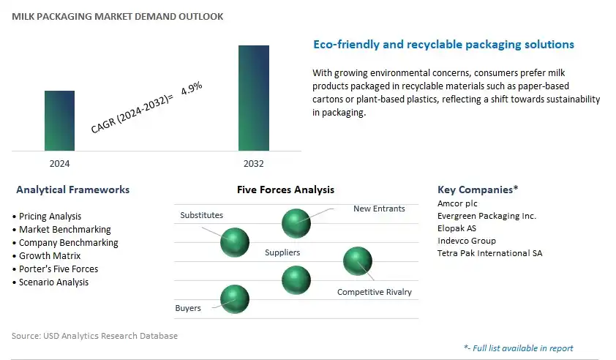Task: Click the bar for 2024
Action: click(59, 121)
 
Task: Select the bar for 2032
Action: click(254, 98)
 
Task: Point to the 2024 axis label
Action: click(59, 163)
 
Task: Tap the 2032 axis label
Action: click(254, 163)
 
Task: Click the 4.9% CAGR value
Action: click(192, 88)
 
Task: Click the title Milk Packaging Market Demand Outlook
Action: click(118, 17)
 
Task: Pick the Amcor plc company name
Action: click(457, 203)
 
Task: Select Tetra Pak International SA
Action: click(490, 253)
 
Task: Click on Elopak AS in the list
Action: click(457, 228)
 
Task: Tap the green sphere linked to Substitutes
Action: click(235, 242)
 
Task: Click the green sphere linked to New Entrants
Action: click(296, 223)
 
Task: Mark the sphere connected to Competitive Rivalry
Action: click(358, 261)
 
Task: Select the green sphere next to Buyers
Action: click(235, 299)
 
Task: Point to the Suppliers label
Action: click(282, 252)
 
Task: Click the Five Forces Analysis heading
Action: click(285, 190)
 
